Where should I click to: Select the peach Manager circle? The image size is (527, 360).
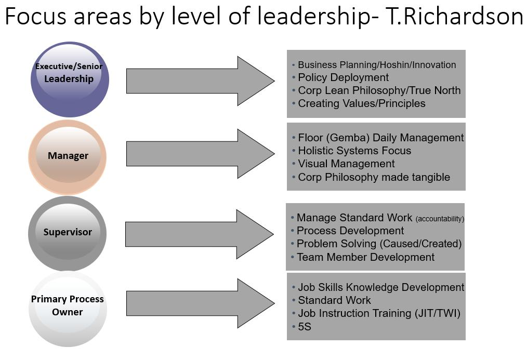tap(68, 156)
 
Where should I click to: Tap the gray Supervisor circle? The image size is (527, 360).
tap(68, 233)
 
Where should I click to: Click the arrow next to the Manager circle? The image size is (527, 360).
tap(200, 154)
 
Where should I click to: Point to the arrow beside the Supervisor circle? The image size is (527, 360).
tap(199, 234)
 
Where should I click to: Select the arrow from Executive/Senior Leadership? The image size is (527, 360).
tap(200, 81)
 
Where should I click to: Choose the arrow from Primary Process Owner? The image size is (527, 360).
tap(200, 303)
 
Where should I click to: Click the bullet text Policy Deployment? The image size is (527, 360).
tap(343, 77)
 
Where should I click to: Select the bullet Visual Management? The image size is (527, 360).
tap(346, 164)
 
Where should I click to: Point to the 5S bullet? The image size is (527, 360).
tap(305, 326)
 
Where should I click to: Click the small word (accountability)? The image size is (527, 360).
tap(440, 219)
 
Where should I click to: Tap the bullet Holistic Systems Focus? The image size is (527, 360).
tap(354, 151)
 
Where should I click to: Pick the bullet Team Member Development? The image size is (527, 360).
tap(365, 257)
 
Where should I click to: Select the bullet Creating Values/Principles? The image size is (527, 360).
tap(361, 103)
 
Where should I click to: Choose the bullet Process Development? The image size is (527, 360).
tap(350, 231)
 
